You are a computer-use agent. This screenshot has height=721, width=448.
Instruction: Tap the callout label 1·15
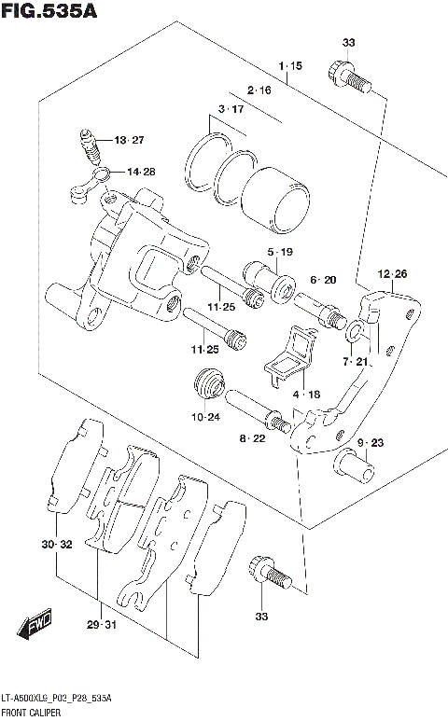pos(290,66)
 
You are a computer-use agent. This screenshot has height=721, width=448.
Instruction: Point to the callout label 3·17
pos(231,110)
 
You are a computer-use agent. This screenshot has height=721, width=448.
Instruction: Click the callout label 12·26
pos(393,273)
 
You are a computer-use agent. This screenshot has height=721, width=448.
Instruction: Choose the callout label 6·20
pos(322,280)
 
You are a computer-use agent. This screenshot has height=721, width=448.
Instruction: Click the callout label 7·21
pos(355,362)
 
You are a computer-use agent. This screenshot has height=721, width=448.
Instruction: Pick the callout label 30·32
pos(57,544)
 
